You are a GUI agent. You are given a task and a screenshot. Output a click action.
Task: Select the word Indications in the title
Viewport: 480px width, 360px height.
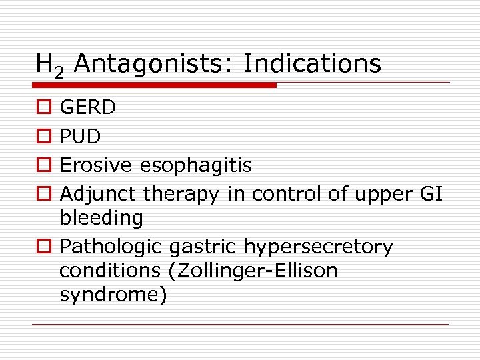[312, 64]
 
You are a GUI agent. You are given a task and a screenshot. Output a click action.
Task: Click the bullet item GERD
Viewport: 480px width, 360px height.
[88, 107]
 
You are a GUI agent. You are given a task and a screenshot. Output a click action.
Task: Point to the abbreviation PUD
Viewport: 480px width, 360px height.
[80, 136]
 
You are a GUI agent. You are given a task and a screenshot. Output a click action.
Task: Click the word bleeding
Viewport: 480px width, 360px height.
[101, 218]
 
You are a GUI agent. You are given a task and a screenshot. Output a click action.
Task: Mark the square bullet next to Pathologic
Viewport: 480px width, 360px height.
[43, 247]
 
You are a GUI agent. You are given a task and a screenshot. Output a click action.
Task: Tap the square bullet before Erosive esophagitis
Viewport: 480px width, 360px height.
[43, 165]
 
